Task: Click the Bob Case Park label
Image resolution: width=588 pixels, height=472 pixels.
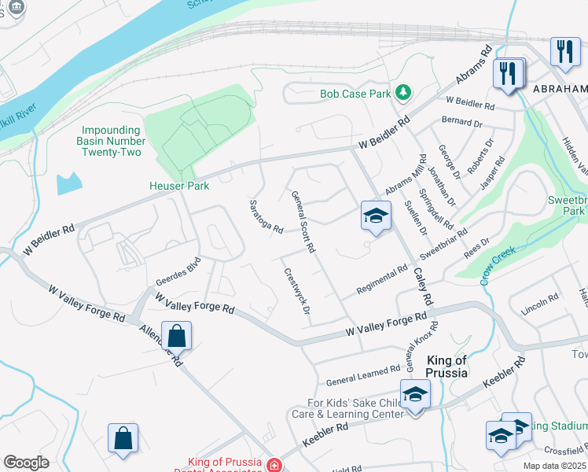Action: (x=355, y=94)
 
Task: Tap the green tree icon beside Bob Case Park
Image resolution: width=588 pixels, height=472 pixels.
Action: (x=403, y=93)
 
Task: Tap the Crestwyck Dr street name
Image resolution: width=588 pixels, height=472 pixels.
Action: (x=296, y=290)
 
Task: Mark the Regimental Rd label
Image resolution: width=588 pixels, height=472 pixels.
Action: (x=381, y=280)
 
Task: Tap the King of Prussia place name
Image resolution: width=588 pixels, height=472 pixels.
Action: (x=446, y=367)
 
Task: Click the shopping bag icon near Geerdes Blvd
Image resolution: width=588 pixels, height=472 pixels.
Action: (x=177, y=335)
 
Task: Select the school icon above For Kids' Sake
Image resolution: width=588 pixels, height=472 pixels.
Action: (x=415, y=394)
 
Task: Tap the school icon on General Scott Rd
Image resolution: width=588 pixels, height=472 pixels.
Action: (x=376, y=216)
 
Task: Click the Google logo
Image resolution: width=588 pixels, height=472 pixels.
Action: (x=26, y=463)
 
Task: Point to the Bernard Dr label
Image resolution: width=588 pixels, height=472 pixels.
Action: (x=461, y=122)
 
